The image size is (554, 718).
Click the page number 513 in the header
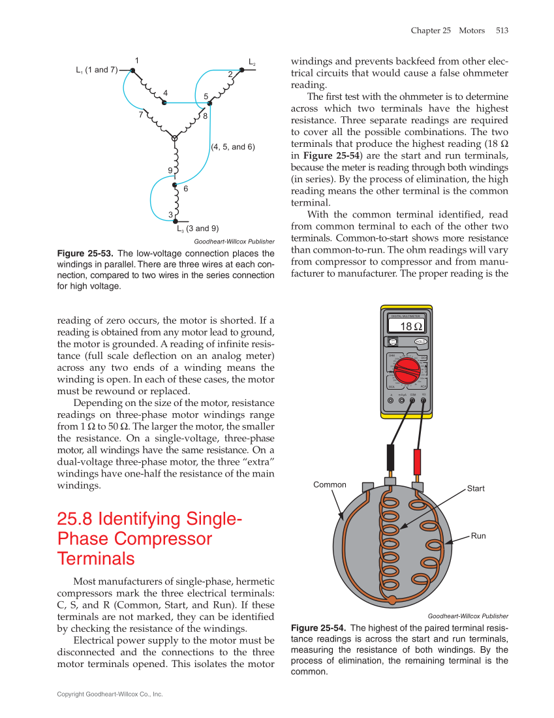coord(502,30)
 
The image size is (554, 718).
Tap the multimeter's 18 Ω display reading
coord(410,326)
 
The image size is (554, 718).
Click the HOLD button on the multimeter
coord(420,341)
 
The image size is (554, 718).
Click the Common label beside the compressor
coord(330,484)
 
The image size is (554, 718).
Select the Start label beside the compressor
coord(476,488)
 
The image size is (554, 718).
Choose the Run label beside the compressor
coord(478,536)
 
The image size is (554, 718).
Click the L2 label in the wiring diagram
coord(252,63)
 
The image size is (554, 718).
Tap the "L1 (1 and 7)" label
coord(96,70)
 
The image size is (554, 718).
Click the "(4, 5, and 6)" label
coord(233,147)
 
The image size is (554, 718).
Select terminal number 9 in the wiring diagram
coord(170,171)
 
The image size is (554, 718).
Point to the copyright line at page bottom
coord(110,695)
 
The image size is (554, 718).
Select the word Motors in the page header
coord(472,30)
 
